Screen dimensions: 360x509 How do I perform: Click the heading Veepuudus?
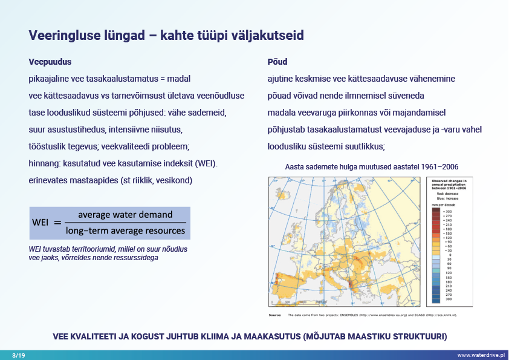tap(50, 62)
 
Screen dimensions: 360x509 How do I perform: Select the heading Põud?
tap(277, 62)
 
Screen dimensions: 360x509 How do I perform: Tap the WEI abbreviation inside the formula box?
tap(41, 223)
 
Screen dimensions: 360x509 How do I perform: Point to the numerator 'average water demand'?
tap(125, 215)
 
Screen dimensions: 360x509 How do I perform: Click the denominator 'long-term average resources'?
tap(125, 231)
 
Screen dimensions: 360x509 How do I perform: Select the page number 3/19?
tap(18, 355)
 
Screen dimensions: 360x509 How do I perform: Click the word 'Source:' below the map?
tap(276, 315)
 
